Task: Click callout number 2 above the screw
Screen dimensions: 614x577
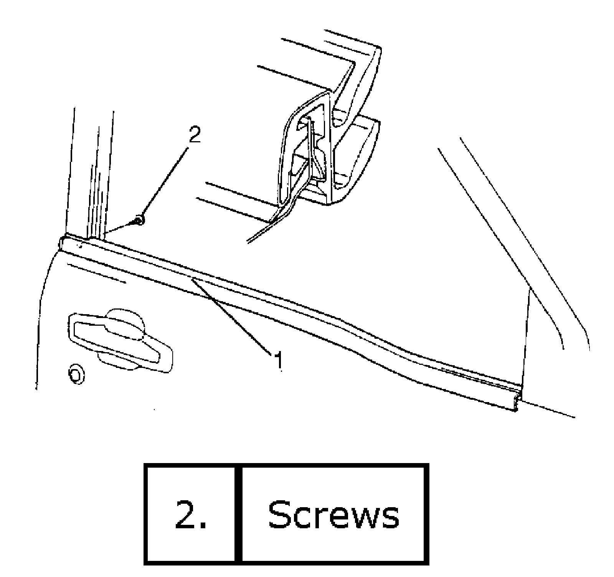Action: tap(195, 135)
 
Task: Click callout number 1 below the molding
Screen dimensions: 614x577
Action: tap(279, 360)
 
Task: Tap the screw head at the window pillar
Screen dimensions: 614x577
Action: tap(140, 220)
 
